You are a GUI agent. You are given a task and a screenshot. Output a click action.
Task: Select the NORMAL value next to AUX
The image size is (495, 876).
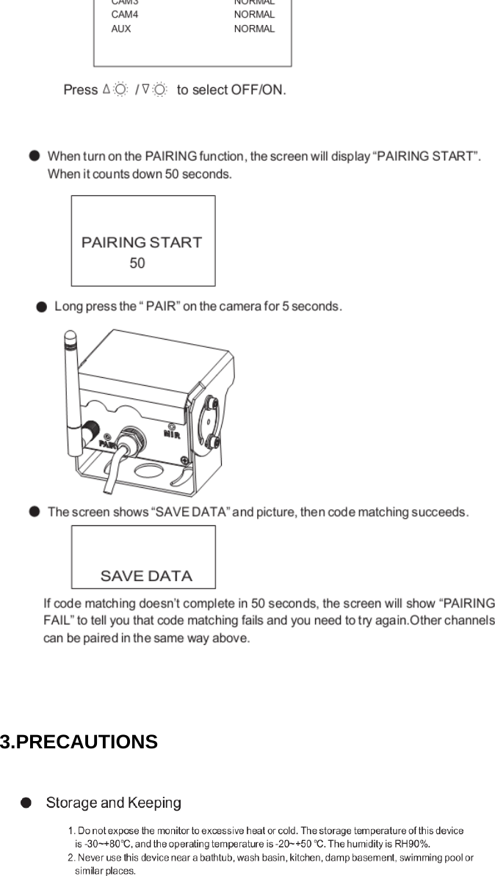(254, 29)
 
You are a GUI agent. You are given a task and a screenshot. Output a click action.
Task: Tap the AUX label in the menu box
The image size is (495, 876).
(120, 29)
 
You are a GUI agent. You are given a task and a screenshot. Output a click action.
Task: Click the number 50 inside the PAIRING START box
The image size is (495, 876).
(137, 263)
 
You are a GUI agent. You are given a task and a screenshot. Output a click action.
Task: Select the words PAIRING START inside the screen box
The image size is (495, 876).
(142, 243)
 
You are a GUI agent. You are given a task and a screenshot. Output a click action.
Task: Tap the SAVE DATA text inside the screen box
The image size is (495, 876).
(146, 576)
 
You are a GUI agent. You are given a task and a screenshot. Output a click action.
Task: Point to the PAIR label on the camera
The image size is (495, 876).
(108, 443)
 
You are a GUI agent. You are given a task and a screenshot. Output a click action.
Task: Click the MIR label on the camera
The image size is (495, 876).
(172, 434)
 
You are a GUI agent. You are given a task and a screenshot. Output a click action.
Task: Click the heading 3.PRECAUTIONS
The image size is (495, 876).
(79, 742)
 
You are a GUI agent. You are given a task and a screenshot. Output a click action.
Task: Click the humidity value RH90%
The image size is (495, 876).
(413, 844)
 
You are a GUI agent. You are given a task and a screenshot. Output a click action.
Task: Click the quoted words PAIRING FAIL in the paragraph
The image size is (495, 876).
(466, 604)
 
